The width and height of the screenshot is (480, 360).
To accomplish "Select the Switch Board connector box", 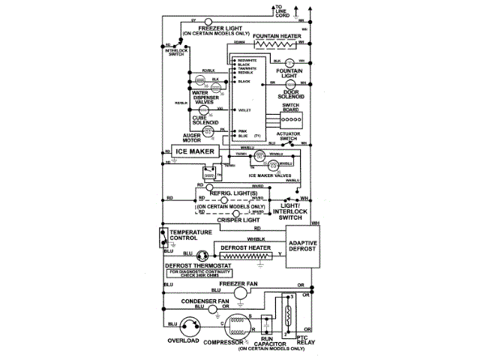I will [x=291, y=119].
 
